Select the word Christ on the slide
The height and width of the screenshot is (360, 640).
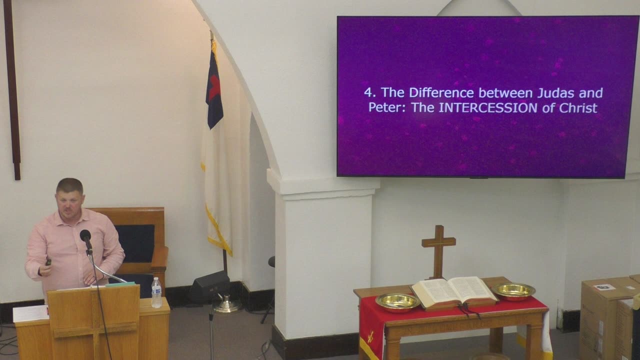578,107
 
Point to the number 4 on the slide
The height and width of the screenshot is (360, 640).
368,92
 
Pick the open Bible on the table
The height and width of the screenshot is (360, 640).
453,291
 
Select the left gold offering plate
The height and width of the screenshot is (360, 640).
397,301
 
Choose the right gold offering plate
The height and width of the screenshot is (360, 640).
513,290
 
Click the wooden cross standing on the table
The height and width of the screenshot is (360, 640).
438,250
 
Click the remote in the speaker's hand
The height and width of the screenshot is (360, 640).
48,261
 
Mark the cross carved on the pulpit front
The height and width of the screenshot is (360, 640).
94,325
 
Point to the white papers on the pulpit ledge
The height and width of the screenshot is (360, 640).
30,313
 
